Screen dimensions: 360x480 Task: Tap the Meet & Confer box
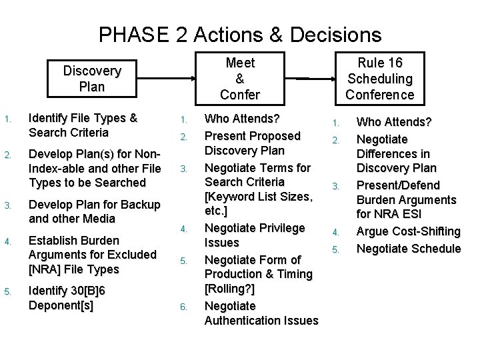tap(240, 79)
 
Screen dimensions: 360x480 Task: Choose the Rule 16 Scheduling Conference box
tap(380, 79)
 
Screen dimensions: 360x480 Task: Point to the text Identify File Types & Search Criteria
tap(83, 125)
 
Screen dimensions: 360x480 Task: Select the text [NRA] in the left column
tap(46, 269)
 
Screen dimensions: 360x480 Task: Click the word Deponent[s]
tap(61, 306)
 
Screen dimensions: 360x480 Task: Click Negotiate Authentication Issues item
tap(261, 313)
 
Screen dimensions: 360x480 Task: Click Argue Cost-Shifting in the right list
tap(409, 232)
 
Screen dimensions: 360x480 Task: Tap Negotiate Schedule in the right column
tap(409, 248)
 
